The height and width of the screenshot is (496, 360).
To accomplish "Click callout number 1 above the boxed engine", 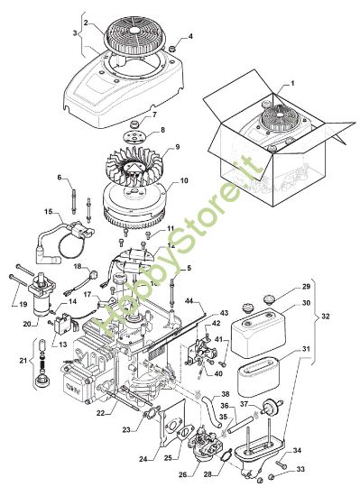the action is (x=292, y=83).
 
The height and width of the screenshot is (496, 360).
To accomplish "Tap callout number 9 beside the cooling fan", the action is (x=177, y=147).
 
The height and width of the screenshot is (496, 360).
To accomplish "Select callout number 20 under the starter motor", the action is (x=27, y=324).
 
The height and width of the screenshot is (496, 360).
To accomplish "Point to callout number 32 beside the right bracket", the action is (x=325, y=316).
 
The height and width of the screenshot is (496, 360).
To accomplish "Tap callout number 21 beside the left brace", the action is (x=23, y=360).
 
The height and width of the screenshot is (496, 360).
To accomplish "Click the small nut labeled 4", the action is (x=172, y=49).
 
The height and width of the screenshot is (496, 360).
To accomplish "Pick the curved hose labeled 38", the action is (x=211, y=409).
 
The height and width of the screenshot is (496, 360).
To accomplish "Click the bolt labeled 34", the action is (x=281, y=464).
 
